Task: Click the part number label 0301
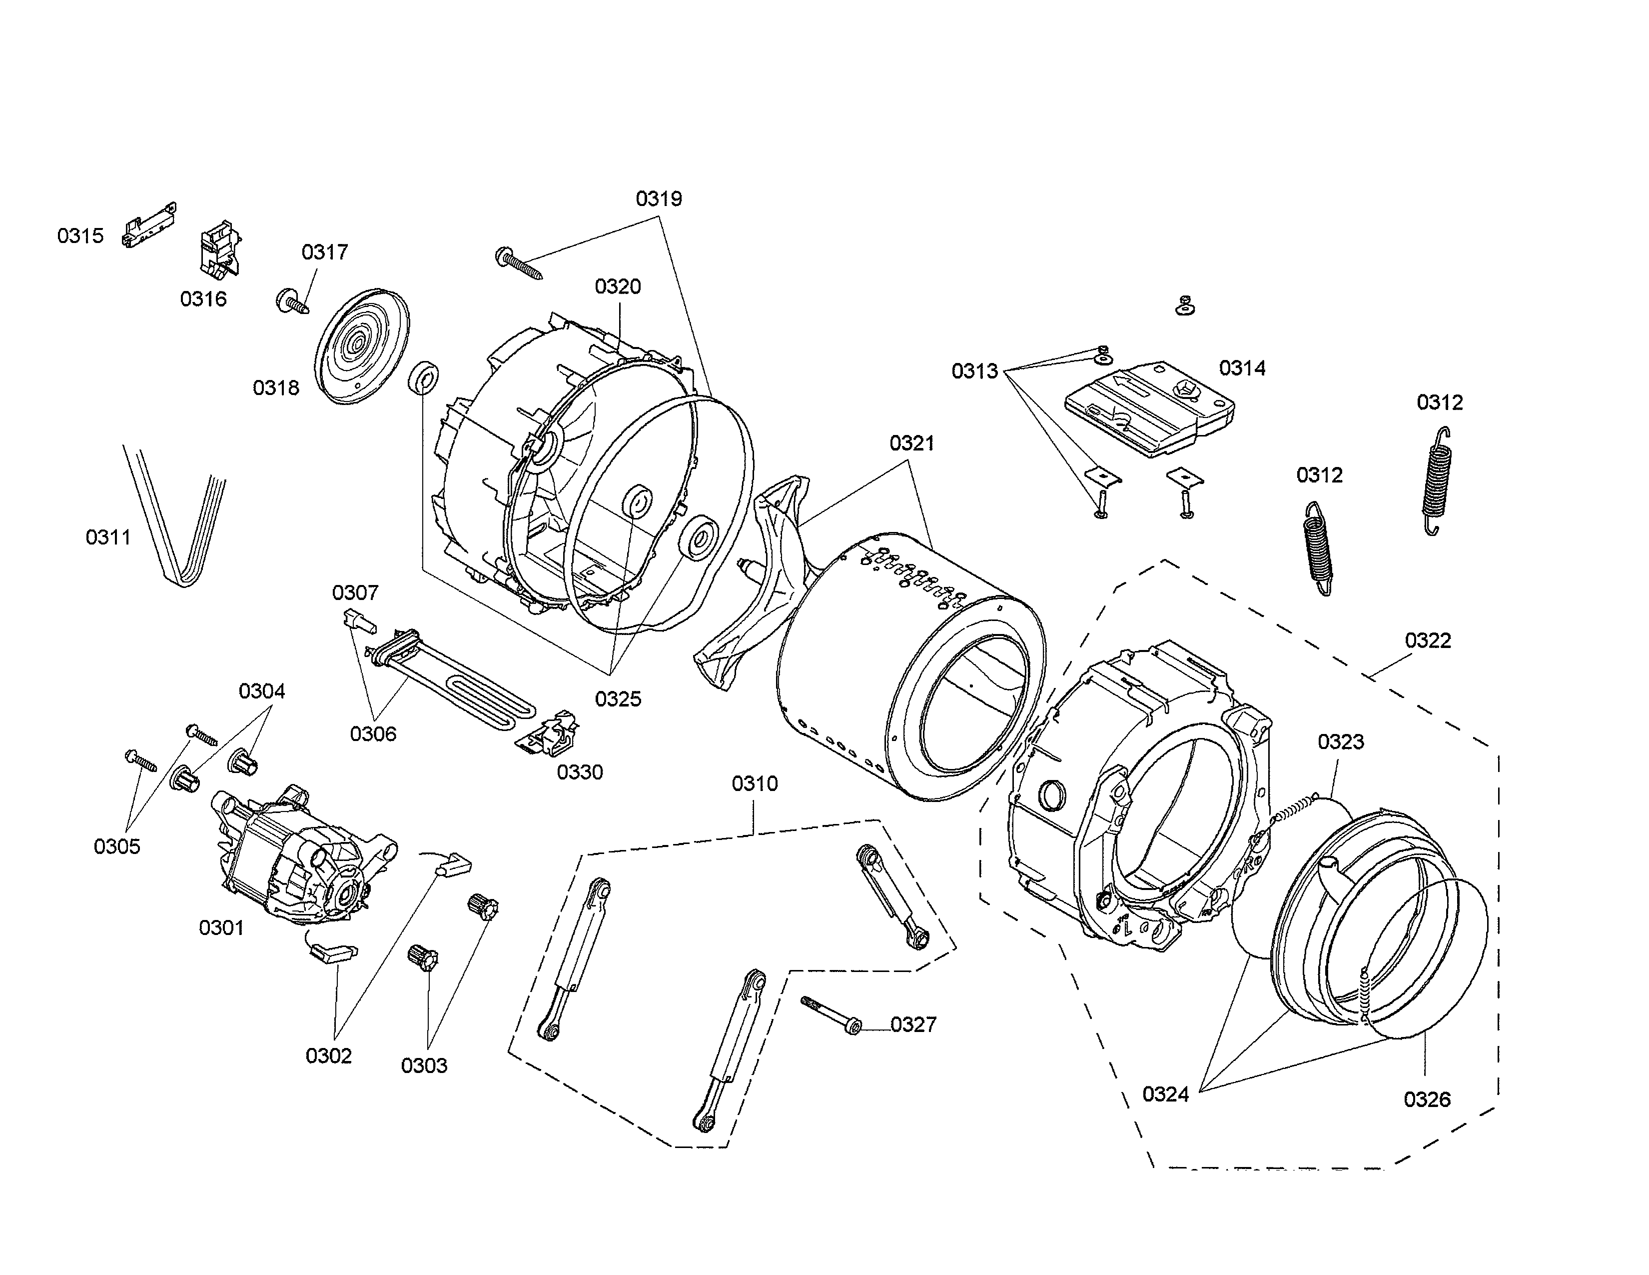[221, 927]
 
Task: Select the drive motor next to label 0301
[298, 861]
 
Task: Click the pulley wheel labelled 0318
[360, 345]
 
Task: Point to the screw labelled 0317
[293, 302]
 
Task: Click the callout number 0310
[754, 784]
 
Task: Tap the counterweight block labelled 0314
[1148, 408]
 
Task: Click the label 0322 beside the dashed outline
[1428, 640]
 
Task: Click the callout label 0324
[1165, 1093]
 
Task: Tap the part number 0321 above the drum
[911, 443]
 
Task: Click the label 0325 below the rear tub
[618, 698]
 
